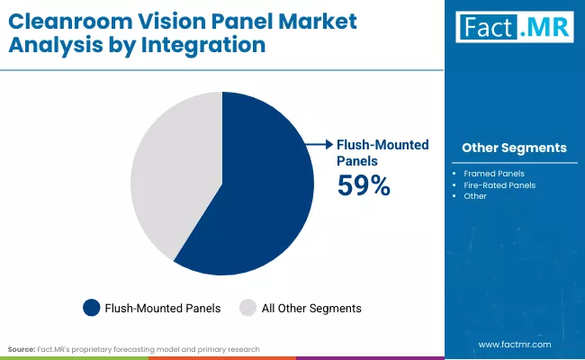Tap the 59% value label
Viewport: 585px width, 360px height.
(364, 186)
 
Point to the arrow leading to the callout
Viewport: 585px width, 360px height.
(319, 144)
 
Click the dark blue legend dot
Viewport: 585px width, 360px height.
(91, 308)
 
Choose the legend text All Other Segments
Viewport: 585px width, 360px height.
(311, 308)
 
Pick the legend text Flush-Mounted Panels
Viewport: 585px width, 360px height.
(162, 308)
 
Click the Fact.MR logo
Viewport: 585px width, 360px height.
(514, 28)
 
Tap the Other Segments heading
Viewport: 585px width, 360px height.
(514, 148)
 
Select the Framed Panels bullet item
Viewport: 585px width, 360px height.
(494, 172)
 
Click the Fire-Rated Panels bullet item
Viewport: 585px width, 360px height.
(499, 184)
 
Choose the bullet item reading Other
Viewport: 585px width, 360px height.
(475, 196)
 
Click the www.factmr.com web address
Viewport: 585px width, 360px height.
(514, 344)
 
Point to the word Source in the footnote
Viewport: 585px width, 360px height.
(22, 347)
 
